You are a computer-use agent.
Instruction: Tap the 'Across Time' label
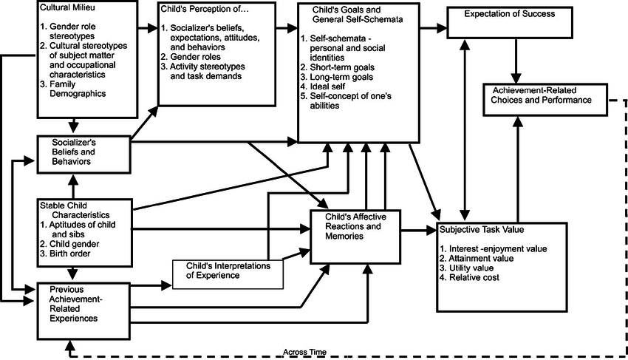[x=305, y=351]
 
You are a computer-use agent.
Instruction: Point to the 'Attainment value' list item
[x=475, y=258]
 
